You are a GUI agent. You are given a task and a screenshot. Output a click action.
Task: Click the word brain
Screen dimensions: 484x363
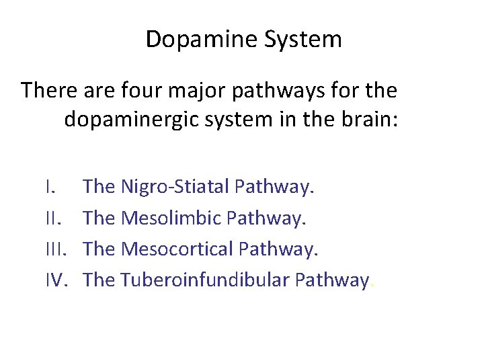(x=365, y=120)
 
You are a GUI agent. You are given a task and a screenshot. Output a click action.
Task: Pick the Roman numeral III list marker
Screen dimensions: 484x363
(x=56, y=249)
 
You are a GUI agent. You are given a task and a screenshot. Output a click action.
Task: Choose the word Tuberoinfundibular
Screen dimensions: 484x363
(x=204, y=280)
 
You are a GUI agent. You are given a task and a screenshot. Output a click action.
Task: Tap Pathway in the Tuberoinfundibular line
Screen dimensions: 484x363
(x=331, y=280)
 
